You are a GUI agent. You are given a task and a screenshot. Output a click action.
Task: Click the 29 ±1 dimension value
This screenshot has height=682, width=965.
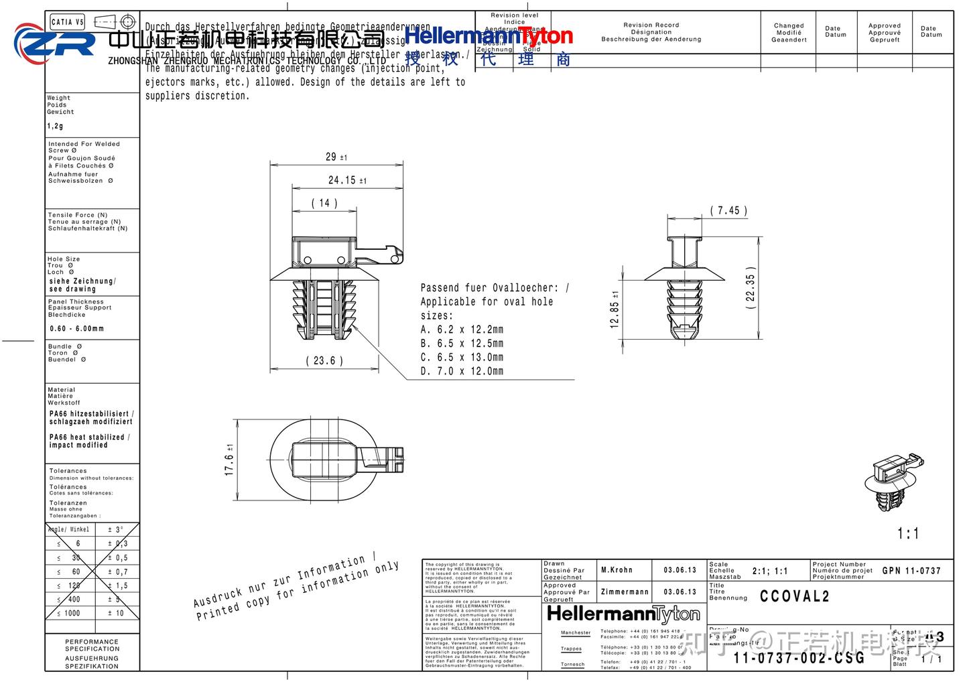click(336, 157)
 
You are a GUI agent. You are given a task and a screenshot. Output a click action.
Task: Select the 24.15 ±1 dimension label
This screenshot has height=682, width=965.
click(346, 180)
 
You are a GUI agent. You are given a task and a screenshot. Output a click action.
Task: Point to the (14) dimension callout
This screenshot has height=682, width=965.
click(324, 203)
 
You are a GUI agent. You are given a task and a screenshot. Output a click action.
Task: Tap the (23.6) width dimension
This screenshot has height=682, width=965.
click(324, 360)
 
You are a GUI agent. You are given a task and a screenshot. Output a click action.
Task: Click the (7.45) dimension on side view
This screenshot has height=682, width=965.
click(728, 210)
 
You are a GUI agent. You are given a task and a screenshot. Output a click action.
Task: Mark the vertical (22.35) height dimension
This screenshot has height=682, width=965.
click(751, 287)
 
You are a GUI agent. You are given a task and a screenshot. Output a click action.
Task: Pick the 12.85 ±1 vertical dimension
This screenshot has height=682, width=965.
click(615, 310)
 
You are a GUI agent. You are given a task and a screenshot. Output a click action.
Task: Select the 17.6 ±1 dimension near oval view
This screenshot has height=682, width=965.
click(229, 460)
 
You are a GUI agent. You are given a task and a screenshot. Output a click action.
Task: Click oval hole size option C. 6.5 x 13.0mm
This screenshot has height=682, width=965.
click(462, 357)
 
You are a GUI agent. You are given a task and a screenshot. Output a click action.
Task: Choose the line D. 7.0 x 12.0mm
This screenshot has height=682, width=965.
click(462, 371)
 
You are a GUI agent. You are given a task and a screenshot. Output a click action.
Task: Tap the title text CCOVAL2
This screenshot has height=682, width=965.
click(795, 596)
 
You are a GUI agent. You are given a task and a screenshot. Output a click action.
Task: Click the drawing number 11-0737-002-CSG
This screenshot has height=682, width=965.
click(799, 658)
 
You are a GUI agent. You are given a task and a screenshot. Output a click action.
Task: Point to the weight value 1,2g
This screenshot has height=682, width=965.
click(55, 126)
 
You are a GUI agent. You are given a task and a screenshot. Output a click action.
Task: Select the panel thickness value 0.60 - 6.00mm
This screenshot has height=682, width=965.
click(77, 329)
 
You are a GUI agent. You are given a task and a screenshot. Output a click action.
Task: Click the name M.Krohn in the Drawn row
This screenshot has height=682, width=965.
click(617, 570)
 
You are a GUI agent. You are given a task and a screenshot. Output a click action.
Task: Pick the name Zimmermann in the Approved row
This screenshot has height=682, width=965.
click(625, 592)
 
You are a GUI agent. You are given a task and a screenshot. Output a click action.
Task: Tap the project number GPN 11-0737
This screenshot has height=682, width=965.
click(911, 571)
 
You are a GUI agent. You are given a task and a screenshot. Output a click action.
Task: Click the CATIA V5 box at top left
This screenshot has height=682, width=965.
click(67, 22)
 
